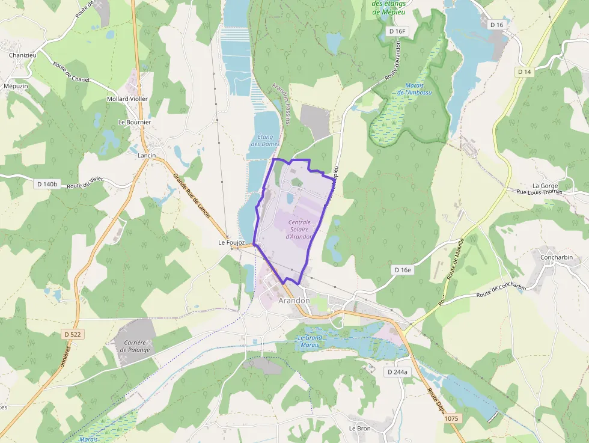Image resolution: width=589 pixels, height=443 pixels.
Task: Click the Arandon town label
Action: pyautogui.click(x=294, y=300)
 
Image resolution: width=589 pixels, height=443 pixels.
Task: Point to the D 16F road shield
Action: pyautogui.click(x=398, y=31)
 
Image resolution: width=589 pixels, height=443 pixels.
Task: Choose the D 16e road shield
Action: pyautogui.click(x=403, y=270)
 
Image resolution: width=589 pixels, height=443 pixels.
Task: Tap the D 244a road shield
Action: pyautogui.click(x=397, y=372)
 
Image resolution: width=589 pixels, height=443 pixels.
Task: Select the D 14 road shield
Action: pyautogui.click(x=524, y=72)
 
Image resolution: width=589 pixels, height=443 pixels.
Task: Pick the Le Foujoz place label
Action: pyautogui.click(x=232, y=243)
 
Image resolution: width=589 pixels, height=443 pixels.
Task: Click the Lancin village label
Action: pyautogui.click(x=147, y=155)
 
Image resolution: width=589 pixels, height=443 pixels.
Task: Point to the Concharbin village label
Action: pyautogui.click(x=556, y=258)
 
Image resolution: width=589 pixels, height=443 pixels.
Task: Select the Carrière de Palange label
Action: pyautogui.click(x=134, y=346)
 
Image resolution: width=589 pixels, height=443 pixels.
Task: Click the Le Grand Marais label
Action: pyautogui.click(x=310, y=341)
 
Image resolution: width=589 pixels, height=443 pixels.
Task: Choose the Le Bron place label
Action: pyautogui.click(x=360, y=429)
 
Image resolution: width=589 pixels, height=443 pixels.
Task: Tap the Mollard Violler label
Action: pyautogui.click(x=127, y=99)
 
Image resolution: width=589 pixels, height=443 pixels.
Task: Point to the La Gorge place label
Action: pyautogui.click(x=545, y=186)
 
